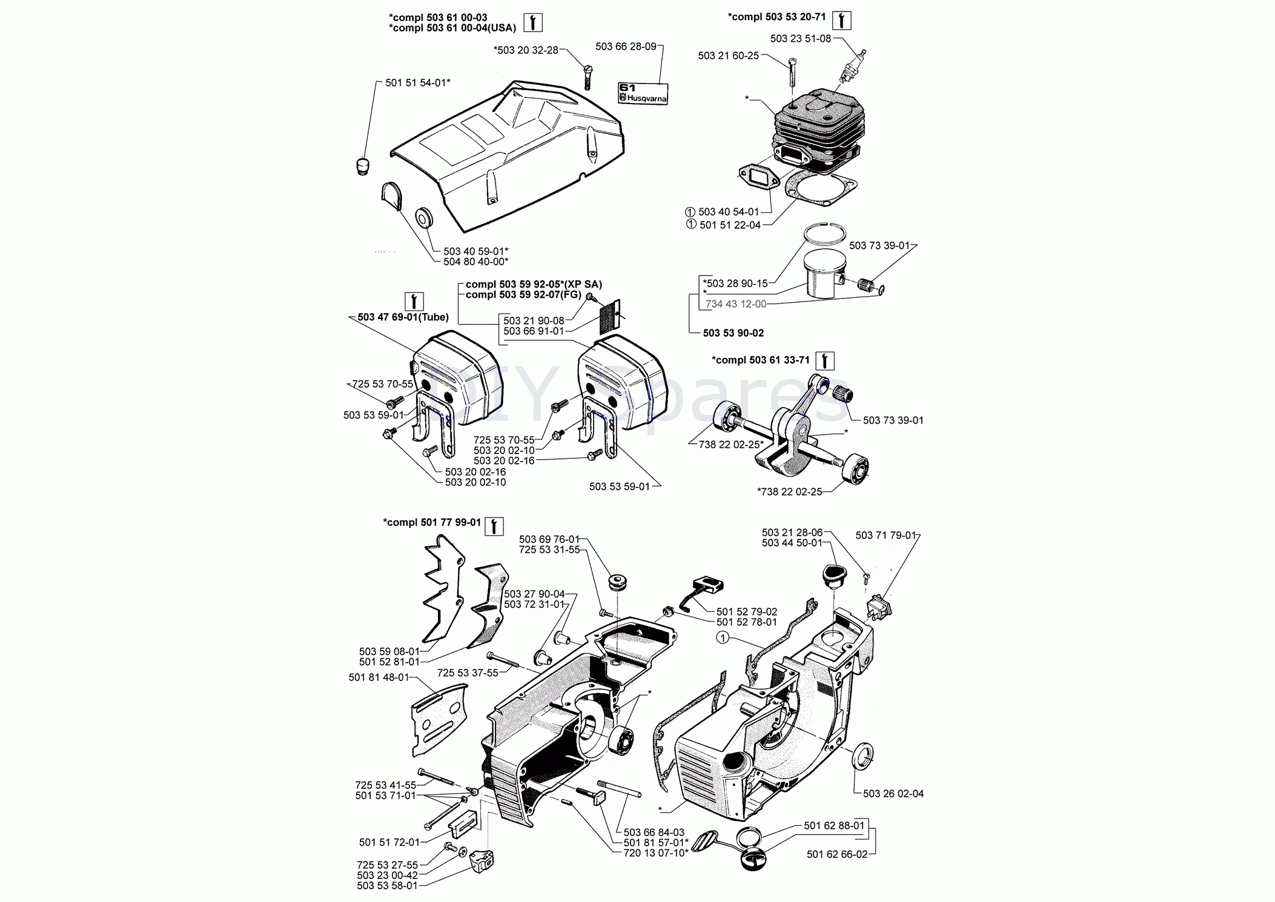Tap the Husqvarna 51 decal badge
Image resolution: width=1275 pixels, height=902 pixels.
(x=643, y=93)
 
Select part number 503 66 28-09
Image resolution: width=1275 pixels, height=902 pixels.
(x=626, y=47)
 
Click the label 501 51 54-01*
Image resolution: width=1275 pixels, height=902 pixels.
(x=417, y=83)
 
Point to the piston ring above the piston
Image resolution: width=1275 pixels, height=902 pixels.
(x=824, y=233)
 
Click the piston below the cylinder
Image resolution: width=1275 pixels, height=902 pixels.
(x=824, y=274)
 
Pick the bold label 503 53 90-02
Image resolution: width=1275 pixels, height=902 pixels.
(x=733, y=333)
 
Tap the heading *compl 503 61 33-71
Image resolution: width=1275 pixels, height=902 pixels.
(x=761, y=360)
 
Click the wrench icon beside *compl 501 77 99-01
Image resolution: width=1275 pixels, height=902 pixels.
(x=494, y=526)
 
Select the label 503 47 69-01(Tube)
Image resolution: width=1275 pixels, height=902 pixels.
(x=403, y=317)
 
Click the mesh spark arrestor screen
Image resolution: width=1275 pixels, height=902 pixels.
(x=610, y=317)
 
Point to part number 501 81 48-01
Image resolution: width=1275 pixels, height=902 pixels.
(x=379, y=677)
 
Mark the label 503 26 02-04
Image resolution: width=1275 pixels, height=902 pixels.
(x=893, y=794)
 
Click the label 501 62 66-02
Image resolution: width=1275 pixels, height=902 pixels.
(x=836, y=854)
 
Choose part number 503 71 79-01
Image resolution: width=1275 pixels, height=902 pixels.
(x=886, y=535)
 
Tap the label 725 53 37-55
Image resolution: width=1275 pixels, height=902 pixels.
(x=467, y=673)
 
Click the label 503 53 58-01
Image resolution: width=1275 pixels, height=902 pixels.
(x=387, y=886)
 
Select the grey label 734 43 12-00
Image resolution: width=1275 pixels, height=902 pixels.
(x=735, y=304)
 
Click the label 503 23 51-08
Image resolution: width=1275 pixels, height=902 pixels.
(x=800, y=39)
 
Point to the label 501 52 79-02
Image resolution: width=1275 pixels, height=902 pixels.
(x=746, y=612)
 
